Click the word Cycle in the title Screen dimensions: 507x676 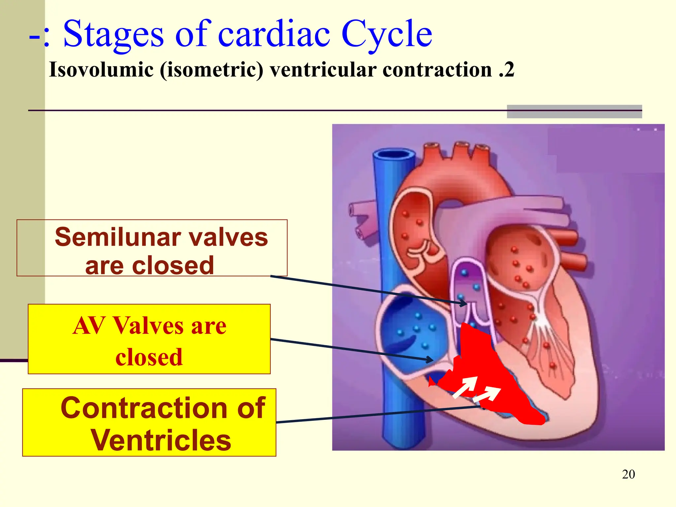[386, 34]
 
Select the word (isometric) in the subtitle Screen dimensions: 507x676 [211, 70]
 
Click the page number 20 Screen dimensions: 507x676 [628, 474]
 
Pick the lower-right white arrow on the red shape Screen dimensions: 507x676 [487, 394]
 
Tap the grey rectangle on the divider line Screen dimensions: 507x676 [574, 112]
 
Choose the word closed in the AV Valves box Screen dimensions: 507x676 [149, 357]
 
